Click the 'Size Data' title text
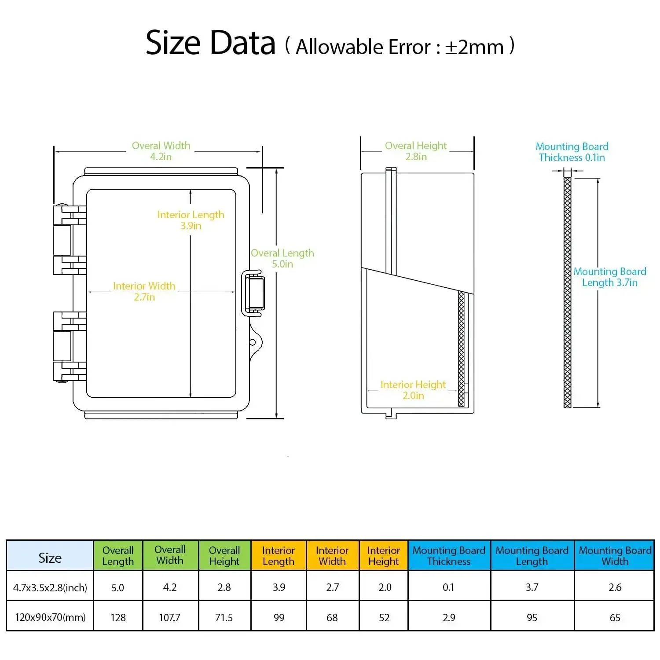pos(210,43)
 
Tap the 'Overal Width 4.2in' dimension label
pos(161,151)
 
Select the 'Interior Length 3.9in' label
pos(191,220)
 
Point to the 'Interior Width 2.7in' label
pos(144,291)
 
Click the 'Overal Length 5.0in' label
pos(282,258)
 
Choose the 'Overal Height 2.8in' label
pos(416,151)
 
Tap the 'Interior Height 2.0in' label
pos(413,390)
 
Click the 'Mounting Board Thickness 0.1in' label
pos(572,152)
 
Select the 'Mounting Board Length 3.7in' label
pos(610,277)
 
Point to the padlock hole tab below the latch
pos(255,342)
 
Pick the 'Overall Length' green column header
pos(118,556)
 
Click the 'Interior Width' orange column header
pos(332,556)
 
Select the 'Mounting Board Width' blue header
pos(615,556)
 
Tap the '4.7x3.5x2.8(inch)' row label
pos(50,587)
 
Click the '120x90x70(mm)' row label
pos(50,617)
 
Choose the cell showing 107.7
pos(170,617)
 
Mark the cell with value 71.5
pos(224,617)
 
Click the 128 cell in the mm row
pos(118,617)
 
